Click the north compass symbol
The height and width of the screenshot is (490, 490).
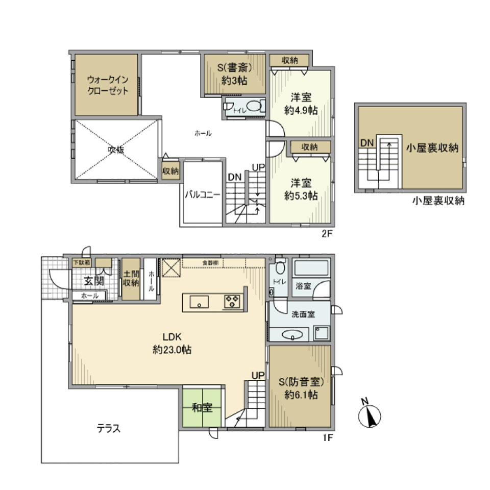pyautogui.click(x=369, y=414)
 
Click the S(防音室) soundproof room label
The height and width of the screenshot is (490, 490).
pyautogui.click(x=301, y=388)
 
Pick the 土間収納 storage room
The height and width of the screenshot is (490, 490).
pyautogui.click(x=131, y=279)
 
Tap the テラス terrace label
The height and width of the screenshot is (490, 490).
pyautogui.click(x=109, y=428)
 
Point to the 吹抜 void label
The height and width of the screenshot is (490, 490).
pyautogui.click(x=115, y=150)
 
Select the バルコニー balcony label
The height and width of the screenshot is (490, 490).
pyautogui.click(x=203, y=194)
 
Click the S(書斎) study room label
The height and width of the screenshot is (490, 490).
pyautogui.click(x=234, y=75)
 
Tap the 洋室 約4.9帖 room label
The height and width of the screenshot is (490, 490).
pyautogui.click(x=301, y=104)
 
